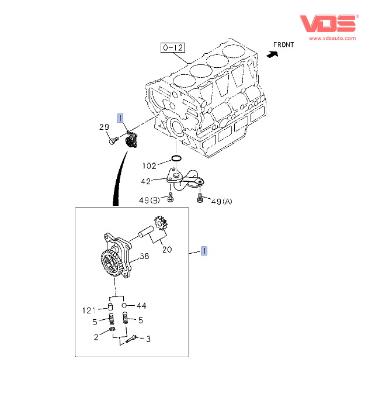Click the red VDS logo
pos(328,23)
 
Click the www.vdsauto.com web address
pos(332,39)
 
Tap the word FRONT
pos(284,44)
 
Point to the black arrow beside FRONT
pos(271,53)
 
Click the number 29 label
pos(104,127)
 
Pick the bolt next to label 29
pos(113,141)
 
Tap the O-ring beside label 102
pos(176,158)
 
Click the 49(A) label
pos(221,201)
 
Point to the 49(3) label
pos(148,201)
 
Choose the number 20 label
pos(167,249)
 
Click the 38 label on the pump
pos(144,256)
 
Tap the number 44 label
pos(141,306)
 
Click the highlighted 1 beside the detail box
pos(204,251)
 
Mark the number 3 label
pos(148,339)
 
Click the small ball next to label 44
pos(125,305)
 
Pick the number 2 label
pos(96,336)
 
